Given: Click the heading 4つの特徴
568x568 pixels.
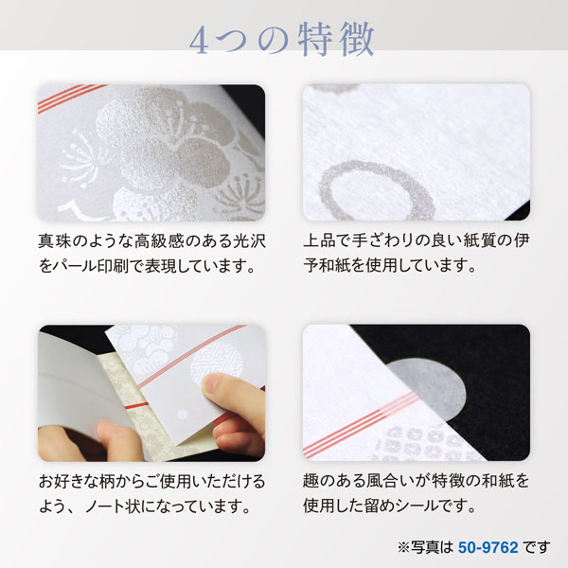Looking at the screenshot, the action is (282, 40).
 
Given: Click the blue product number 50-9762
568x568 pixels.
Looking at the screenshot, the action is (488, 547).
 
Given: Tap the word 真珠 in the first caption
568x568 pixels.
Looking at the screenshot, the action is (54, 241).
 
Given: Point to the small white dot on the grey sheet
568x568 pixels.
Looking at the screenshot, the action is (182, 415).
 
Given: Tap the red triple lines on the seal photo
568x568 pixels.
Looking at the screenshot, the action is (363, 424).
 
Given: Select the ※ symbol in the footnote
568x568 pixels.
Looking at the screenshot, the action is (403, 547).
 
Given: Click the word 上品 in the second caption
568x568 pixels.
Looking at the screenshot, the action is (320, 241).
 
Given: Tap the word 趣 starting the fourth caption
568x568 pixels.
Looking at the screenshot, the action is (311, 482).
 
